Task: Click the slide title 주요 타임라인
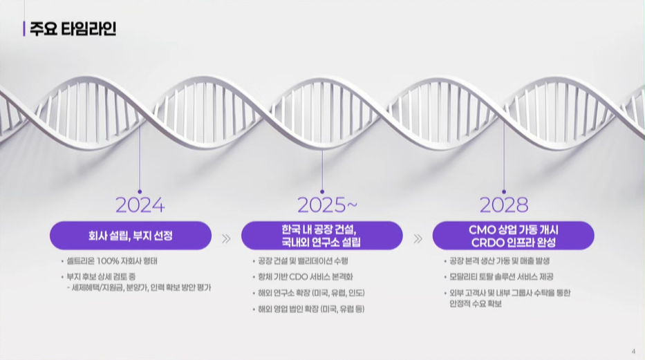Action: pyautogui.click(x=73, y=29)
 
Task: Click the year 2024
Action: pyautogui.click(x=140, y=205)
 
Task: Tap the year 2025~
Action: pyautogui.click(x=328, y=205)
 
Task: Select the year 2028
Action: pyautogui.click(x=504, y=205)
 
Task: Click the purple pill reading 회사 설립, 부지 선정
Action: pyautogui.click(x=131, y=236)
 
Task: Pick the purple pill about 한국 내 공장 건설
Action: pyautogui.click(x=321, y=236)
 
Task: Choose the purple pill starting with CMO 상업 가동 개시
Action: pyautogui.click(x=514, y=236)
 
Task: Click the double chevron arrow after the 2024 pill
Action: pyautogui.click(x=226, y=239)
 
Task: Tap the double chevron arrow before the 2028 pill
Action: pyautogui.click(x=418, y=239)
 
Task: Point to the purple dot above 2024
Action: pyautogui.click(x=140, y=191)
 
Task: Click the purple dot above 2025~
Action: pyautogui.click(x=322, y=191)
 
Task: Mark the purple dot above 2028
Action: pyautogui.click(x=504, y=191)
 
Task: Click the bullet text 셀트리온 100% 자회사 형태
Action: pyautogui.click(x=112, y=261)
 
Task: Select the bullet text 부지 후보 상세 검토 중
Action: pyautogui.click(x=101, y=276)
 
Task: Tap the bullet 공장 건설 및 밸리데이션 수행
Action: pyautogui.click(x=303, y=261)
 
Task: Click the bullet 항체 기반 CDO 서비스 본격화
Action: pyautogui.click(x=306, y=276)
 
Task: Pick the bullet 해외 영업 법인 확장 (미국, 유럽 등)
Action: pyautogui.click(x=311, y=309)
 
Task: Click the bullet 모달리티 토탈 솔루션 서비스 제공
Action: pyautogui.click(x=501, y=276)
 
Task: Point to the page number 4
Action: pyautogui.click(x=633, y=352)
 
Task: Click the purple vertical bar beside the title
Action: pyautogui.click(x=24, y=29)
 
